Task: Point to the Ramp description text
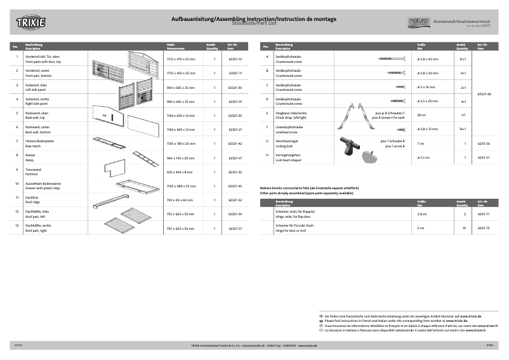point(30,159)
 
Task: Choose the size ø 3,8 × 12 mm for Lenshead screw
point(429,129)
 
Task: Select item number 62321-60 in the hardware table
point(484,93)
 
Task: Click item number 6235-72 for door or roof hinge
point(484,227)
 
